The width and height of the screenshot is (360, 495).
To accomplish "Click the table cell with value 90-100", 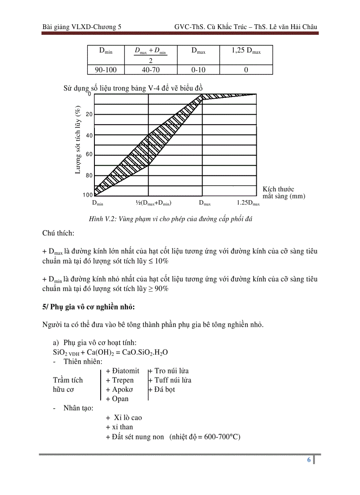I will pyautogui.click(x=105, y=70).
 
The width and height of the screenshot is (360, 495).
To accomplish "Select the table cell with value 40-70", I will pyautogui.click(x=150, y=70).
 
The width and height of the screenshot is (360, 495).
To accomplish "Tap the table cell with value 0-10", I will pyautogui.click(x=198, y=70).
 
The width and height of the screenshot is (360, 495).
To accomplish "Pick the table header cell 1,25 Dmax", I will pyautogui.click(x=246, y=51).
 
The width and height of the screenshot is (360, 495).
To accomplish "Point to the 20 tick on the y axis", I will pyautogui.click(x=89, y=115).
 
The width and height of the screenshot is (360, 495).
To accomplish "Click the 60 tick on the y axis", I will pyautogui.click(x=89, y=155).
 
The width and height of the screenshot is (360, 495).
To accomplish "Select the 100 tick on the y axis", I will pyautogui.click(x=87, y=195).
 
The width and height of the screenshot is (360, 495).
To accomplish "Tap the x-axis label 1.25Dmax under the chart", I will pyautogui.click(x=248, y=203).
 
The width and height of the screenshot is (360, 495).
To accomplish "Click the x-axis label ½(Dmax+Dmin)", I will pyautogui.click(x=153, y=203).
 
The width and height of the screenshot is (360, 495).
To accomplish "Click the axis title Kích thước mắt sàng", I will pyautogui.click(x=283, y=193).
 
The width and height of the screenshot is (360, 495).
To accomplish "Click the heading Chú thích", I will pyautogui.click(x=58, y=232).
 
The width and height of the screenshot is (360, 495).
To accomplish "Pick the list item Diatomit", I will pyautogui.click(x=123, y=371).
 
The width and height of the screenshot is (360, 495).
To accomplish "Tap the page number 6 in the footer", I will pyautogui.click(x=309, y=460).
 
